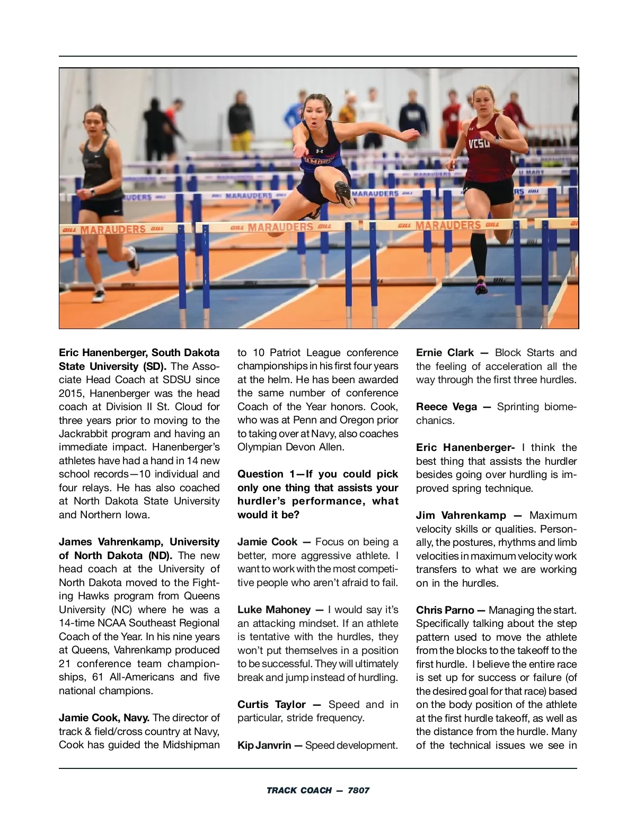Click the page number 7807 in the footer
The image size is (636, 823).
pos(359,790)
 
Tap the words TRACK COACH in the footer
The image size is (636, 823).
pos(299,790)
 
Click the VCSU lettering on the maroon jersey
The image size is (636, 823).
pos(479,143)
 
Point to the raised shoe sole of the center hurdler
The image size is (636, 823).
pos(344,194)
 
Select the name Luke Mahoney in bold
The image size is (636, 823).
pos(274,609)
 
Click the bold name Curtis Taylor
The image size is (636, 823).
pos(271,704)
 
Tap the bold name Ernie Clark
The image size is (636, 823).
pos(445,352)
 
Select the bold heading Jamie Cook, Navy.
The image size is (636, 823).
pos(104,718)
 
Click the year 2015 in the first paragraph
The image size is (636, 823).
pos(70,393)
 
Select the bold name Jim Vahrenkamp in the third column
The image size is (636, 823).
pos(461,515)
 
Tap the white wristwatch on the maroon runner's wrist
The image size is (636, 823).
pos(497,141)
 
